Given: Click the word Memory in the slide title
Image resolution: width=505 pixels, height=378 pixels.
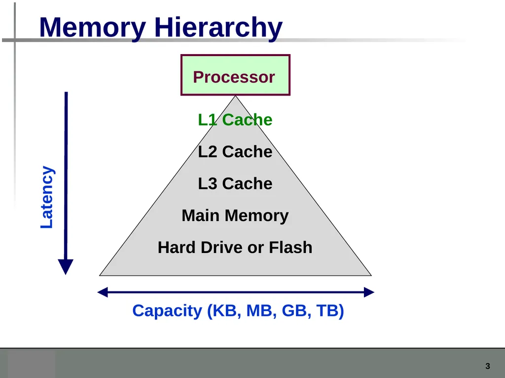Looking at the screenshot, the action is [92, 28].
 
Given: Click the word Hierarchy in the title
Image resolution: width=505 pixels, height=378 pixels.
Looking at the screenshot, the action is [218, 28].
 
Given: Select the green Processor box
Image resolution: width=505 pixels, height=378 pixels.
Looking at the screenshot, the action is [235, 75].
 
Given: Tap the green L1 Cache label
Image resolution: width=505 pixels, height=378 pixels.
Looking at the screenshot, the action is [235, 120].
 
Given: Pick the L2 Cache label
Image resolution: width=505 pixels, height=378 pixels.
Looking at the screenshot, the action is [235, 152].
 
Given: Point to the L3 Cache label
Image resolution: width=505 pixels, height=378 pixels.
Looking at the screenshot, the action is [235, 184].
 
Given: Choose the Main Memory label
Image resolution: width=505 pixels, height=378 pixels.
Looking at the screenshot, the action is [235, 216].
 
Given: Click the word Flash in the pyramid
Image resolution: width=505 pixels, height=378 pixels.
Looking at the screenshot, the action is [290, 248].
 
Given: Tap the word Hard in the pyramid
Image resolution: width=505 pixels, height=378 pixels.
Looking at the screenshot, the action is [177, 248].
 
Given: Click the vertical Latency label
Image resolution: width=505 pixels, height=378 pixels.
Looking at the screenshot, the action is [47, 197].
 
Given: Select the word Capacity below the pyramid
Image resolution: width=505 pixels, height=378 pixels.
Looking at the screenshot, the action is [167, 311].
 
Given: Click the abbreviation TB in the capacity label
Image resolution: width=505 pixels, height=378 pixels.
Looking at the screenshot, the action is [327, 311].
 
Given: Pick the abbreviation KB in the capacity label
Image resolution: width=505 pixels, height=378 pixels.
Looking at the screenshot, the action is [224, 311].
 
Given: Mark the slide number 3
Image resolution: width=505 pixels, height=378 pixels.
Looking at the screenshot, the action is [488, 366].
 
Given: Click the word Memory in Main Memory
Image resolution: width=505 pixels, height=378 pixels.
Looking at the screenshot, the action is [256, 216].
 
